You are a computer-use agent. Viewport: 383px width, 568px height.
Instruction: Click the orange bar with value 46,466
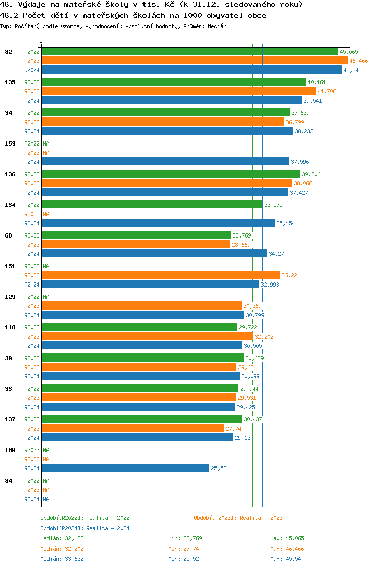click(194, 61)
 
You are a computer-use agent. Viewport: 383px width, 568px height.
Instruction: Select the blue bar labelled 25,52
click(125, 468)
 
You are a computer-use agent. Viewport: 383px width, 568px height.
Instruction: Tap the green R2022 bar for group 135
click(173, 82)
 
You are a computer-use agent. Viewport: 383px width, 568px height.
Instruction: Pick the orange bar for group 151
click(160, 275)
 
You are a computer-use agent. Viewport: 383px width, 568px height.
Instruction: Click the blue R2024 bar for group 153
click(165, 162)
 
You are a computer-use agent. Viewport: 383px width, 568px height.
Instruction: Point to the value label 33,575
click(273, 205)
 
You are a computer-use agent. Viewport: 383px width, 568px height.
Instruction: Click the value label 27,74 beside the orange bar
click(233, 429)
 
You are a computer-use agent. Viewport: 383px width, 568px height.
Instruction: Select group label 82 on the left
click(8, 52)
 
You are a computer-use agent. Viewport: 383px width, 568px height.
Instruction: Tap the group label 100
click(10, 450)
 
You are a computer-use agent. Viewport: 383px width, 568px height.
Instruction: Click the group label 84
click(8, 481)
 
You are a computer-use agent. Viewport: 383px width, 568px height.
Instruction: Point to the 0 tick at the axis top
click(41, 42)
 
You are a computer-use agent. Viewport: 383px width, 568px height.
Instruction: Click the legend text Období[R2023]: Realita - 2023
click(238, 518)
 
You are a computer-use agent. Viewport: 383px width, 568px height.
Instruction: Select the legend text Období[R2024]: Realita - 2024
click(85, 528)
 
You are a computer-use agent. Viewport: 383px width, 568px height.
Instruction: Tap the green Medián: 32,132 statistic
click(62, 538)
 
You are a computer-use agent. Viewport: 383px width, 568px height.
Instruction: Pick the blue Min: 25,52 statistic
click(184, 559)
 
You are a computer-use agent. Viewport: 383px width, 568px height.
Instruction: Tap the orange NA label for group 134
click(46, 214)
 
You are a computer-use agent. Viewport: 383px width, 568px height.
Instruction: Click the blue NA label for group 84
click(46, 499)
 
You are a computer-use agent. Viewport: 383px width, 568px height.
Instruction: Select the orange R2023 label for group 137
click(32, 429)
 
